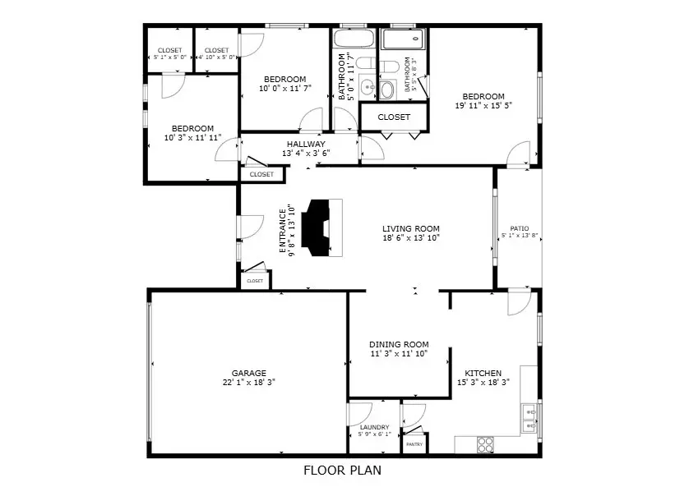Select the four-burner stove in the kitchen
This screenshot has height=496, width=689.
click(x=486, y=444)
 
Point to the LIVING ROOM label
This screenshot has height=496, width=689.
click(x=410, y=229)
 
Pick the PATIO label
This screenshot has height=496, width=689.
click(x=519, y=229)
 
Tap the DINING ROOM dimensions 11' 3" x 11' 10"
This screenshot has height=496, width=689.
click(x=399, y=354)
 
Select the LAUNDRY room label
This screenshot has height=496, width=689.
click(x=374, y=427)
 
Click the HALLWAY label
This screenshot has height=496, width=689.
click(x=306, y=144)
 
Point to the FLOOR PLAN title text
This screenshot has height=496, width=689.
click(x=342, y=471)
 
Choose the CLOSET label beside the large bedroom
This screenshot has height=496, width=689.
click(x=394, y=117)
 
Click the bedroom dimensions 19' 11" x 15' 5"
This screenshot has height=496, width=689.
click(x=483, y=105)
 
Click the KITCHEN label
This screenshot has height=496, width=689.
click(x=483, y=373)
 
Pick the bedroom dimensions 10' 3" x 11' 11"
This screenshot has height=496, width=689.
click(x=192, y=137)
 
